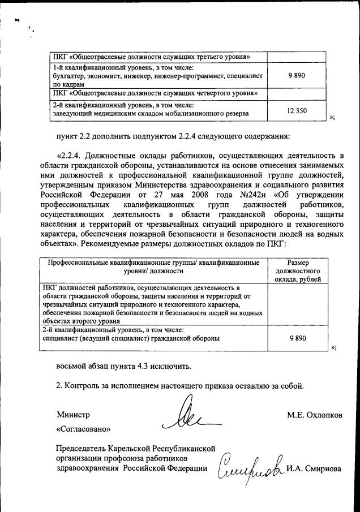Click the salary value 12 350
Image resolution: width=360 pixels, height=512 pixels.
tap(297, 110)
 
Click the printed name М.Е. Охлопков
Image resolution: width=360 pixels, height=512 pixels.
tap(314, 415)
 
